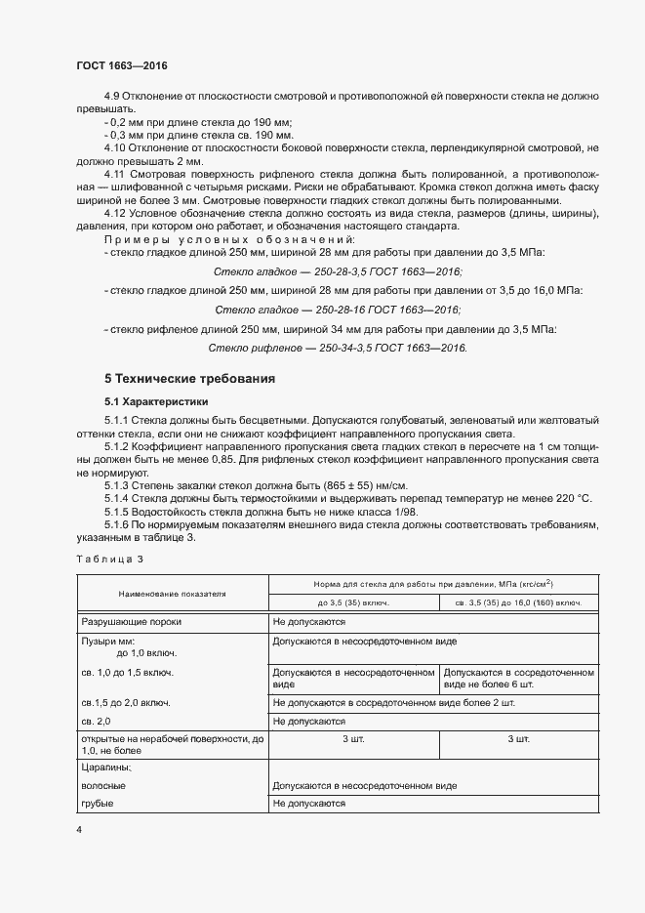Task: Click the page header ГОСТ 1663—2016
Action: (121, 65)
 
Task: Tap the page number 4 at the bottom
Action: (78, 829)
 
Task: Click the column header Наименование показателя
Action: (172, 593)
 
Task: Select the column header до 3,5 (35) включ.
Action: (354, 602)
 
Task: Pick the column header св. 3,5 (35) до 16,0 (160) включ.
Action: (518, 602)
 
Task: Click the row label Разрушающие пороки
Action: (131, 621)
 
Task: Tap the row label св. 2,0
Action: (96, 722)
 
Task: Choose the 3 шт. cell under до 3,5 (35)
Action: (354, 739)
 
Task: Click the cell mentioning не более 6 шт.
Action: (518, 680)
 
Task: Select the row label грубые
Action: (97, 803)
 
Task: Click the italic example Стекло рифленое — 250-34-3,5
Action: (338, 348)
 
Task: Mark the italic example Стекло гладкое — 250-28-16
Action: (338, 310)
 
